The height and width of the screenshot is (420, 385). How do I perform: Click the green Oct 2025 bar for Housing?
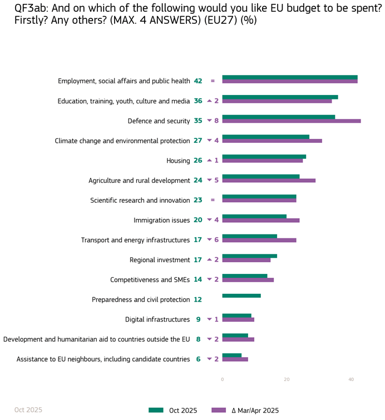[264, 157]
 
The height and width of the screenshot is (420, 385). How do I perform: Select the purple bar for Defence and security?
[291, 121]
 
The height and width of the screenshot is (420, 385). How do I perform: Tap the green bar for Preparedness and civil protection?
[241, 296]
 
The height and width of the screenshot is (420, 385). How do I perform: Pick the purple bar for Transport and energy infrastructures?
[259, 240]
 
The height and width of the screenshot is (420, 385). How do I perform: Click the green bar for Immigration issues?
[254, 217]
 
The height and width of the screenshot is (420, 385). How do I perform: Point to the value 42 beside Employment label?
[198, 81]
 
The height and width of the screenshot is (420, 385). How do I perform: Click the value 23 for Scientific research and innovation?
[198, 201]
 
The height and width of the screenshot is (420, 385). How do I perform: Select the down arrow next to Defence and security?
[209, 121]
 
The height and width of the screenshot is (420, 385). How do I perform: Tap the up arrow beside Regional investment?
[209, 259]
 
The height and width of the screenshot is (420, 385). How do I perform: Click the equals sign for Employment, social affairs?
[213, 81]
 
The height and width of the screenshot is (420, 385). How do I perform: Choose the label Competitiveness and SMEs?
[150, 280]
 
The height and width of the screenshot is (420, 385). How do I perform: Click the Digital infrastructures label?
[157, 319]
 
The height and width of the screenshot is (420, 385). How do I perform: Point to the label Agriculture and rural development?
[139, 181]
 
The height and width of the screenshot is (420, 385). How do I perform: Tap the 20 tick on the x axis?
[287, 379]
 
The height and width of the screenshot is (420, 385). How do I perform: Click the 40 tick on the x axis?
[351, 379]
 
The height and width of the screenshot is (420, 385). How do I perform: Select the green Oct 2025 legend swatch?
[156, 410]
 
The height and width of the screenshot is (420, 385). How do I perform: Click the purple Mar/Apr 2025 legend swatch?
[219, 410]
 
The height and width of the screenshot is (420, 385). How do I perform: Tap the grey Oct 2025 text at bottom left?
[28, 410]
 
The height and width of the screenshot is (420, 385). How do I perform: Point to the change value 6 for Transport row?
[216, 240]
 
